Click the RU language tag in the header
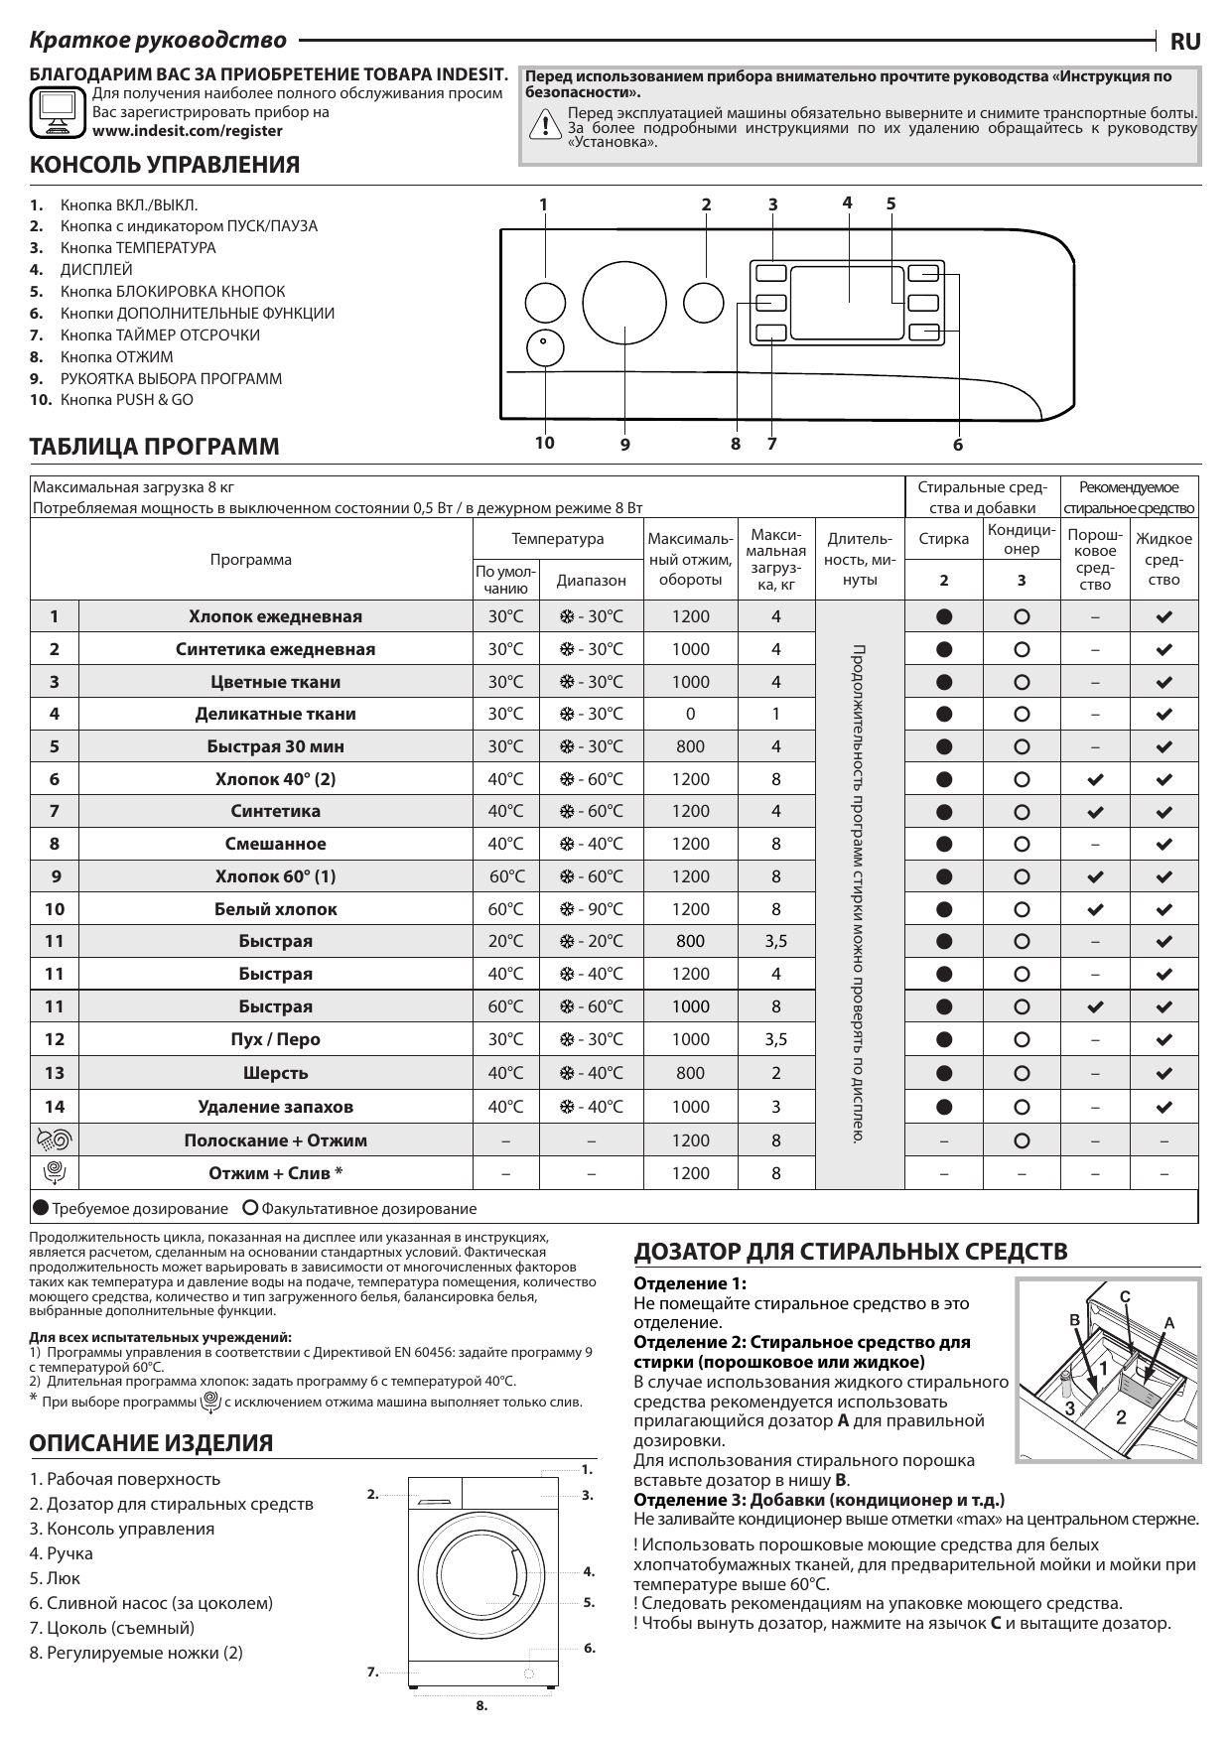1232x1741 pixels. click(x=1185, y=42)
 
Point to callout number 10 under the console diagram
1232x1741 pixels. click(x=544, y=443)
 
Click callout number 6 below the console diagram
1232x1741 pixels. click(x=958, y=445)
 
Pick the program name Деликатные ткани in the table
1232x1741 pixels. click(x=275, y=714)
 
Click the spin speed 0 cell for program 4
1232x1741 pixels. click(x=690, y=714)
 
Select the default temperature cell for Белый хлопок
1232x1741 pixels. click(x=505, y=909)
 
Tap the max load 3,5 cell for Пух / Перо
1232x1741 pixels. click(x=775, y=1039)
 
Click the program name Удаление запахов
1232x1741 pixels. click(x=275, y=1107)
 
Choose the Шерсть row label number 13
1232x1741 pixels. click(x=55, y=1073)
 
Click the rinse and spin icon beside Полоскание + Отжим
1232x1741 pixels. click(x=55, y=1140)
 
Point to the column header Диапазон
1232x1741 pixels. click(x=591, y=580)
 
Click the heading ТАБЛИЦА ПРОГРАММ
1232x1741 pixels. click(x=155, y=447)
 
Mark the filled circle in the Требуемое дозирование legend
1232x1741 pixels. click(x=40, y=1208)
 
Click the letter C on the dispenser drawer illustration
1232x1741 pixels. click(x=1125, y=1296)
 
